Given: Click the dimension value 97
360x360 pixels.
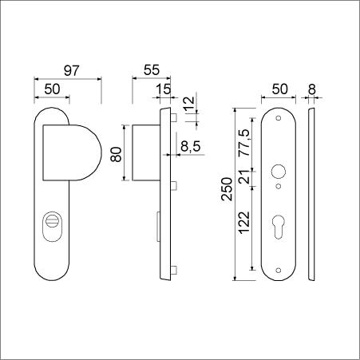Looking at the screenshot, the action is pyautogui.click(x=72, y=70).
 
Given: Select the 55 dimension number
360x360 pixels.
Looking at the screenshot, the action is pyautogui.click(x=152, y=70).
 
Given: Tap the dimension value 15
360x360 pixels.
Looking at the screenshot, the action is pyautogui.click(x=164, y=89).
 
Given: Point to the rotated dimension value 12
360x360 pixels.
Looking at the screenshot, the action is pyautogui.click(x=189, y=105).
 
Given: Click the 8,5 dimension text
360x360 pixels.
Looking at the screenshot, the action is pyautogui.click(x=191, y=146).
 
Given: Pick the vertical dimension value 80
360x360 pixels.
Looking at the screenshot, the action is pyautogui.click(x=117, y=154).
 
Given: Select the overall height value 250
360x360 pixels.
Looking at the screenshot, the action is pyautogui.click(x=227, y=189).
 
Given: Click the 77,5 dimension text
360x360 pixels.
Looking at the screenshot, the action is pyautogui.click(x=244, y=143).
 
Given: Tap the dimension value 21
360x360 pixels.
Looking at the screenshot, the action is pyautogui.click(x=244, y=176).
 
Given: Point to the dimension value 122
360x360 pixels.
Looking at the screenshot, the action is pyautogui.click(x=244, y=223).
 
